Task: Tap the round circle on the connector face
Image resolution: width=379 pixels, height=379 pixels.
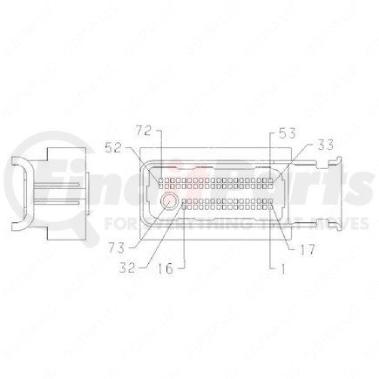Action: (168, 201)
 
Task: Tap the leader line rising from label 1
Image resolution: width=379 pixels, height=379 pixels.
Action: (271, 240)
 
